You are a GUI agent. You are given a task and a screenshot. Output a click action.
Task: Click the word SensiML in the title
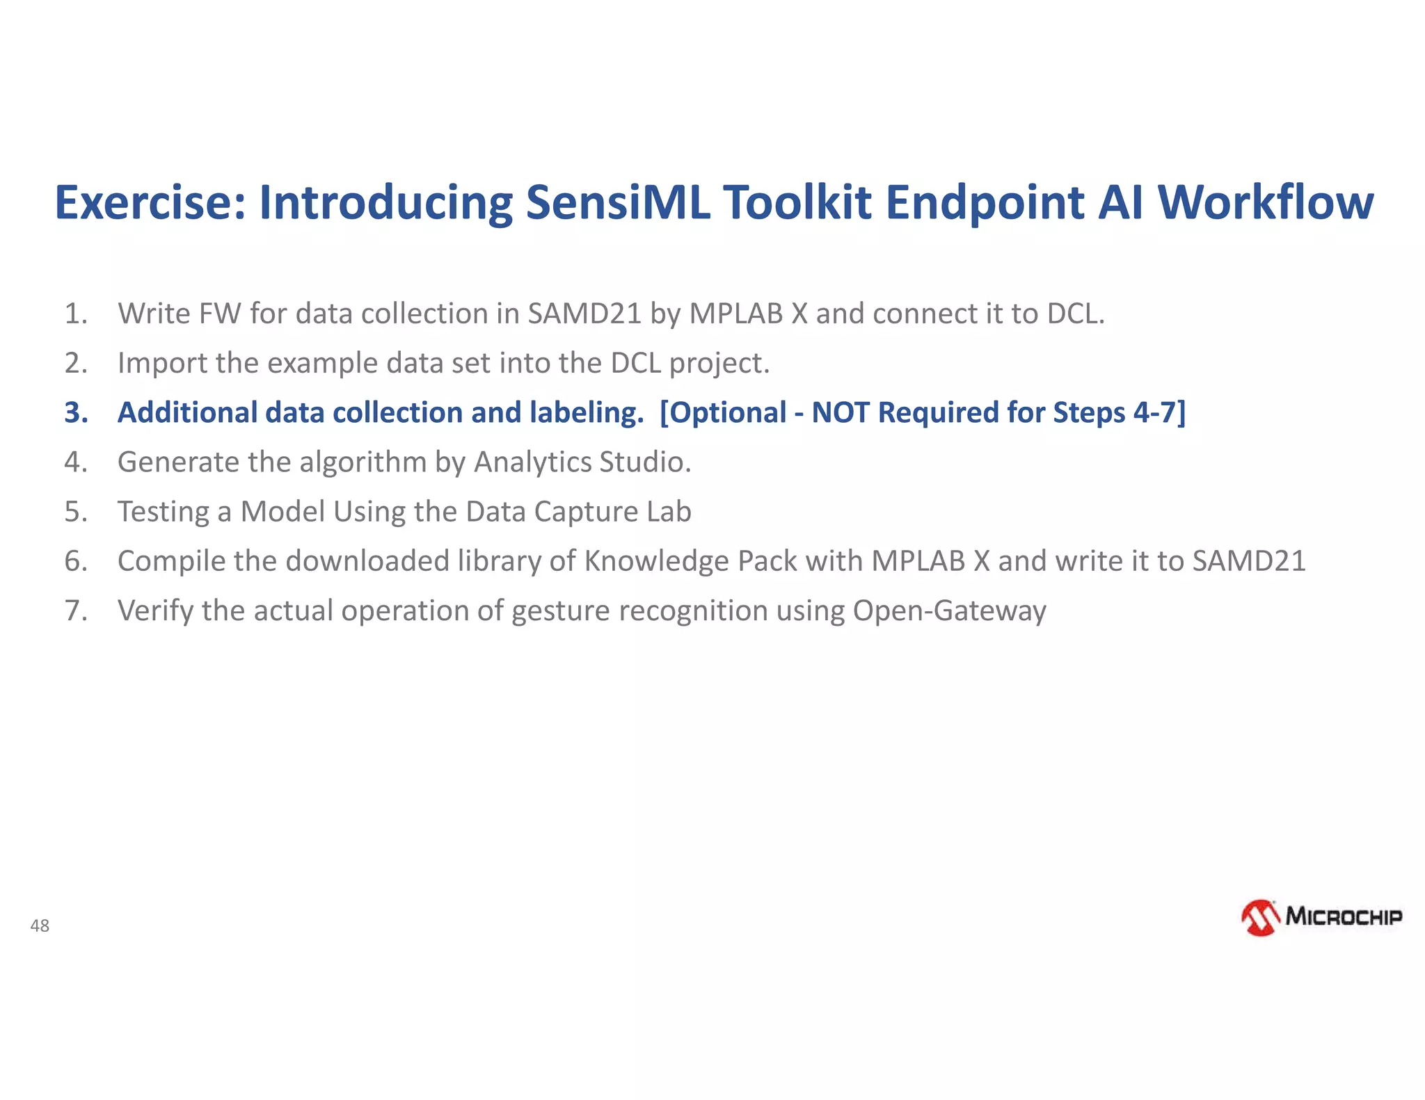click(618, 202)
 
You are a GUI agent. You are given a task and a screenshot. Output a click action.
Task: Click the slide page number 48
click(40, 925)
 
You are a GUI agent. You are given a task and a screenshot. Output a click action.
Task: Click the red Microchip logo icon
click(1260, 918)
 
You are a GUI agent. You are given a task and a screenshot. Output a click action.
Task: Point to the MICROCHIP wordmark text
click(1344, 916)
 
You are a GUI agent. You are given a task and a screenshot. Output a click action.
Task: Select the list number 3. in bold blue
click(77, 412)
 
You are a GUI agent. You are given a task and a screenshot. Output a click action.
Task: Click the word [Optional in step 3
click(724, 412)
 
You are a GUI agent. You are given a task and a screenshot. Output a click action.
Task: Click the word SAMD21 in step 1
click(584, 314)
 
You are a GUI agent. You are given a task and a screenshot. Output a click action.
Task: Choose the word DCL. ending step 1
click(1076, 314)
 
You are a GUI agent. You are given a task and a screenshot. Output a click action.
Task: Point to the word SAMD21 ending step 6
click(1249, 561)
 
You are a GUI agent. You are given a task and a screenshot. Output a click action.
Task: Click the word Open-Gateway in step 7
click(949, 610)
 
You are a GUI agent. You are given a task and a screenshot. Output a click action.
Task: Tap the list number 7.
click(77, 610)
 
